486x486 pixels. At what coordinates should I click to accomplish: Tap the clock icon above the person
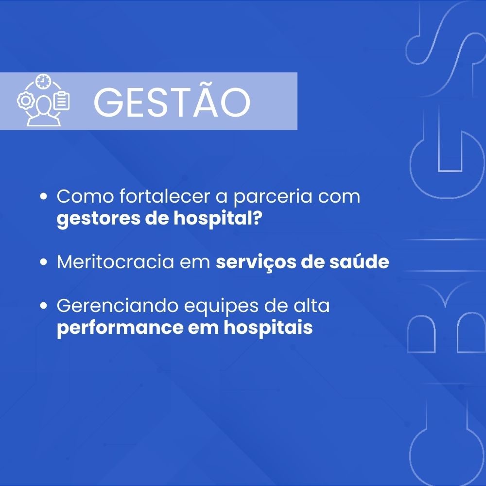click(x=43, y=82)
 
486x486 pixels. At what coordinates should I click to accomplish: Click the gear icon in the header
click(x=25, y=101)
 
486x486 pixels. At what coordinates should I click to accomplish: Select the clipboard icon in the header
click(x=61, y=101)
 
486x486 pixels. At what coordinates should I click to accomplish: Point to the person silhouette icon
click(x=44, y=111)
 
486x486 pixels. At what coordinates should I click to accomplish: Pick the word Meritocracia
click(x=115, y=262)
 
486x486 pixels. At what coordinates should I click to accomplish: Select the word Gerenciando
click(x=118, y=306)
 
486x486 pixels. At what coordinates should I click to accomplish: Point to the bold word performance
click(x=120, y=328)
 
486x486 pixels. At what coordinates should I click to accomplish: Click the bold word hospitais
click(x=268, y=327)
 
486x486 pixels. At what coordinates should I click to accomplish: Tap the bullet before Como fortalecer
click(x=44, y=196)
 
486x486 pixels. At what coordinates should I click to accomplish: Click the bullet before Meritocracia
click(x=44, y=262)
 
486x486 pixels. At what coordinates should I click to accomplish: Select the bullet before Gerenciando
click(x=44, y=306)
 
